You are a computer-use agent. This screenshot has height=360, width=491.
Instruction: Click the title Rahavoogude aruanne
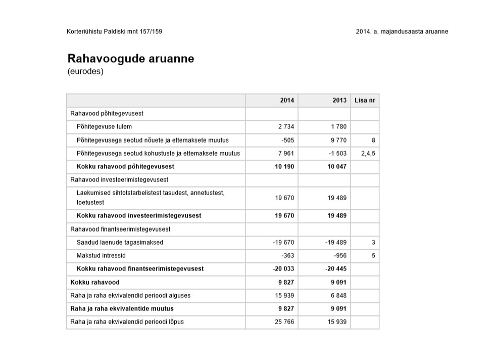(x=130, y=59)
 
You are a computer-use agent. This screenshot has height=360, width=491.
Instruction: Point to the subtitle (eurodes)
(x=85, y=71)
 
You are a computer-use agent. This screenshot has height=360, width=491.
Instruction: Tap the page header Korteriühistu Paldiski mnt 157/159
(x=114, y=31)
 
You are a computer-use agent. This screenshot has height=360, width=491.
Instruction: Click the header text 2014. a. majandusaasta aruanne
(x=402, y=31)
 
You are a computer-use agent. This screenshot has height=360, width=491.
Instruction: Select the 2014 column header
(x=287, y=100)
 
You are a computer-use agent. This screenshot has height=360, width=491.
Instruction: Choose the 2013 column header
(x=339, y=100)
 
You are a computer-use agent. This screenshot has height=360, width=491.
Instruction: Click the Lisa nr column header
(x=365, y=100)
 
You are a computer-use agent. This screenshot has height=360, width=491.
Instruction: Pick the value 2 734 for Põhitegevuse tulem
(x=286, y=126)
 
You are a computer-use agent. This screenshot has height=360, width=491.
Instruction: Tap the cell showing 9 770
(x=338, y=140)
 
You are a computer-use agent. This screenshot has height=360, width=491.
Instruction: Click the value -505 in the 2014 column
(x=287, y=140)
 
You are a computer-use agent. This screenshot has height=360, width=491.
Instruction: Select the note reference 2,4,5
(x=368, y=153)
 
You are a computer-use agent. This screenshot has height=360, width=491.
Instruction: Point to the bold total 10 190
(x=285, y=166)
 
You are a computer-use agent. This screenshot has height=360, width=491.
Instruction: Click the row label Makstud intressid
(x=101, y=256)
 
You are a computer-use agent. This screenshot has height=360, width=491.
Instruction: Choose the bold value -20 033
(x=283, y=269)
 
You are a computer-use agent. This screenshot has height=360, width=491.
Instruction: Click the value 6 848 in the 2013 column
(x=338, y=295)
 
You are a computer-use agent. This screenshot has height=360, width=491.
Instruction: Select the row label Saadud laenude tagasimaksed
(x=120, y=243)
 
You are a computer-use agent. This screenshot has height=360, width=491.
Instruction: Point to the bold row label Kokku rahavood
(x=95, y=282)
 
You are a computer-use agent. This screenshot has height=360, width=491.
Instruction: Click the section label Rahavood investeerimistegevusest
(x=119, y=179)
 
